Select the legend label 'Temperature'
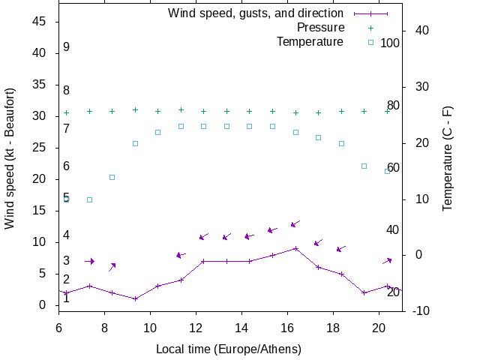[310, 41]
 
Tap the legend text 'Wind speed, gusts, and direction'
[256, 13]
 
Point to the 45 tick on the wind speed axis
[40, 22]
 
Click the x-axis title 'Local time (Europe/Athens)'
[229, 349]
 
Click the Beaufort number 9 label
[67, 47]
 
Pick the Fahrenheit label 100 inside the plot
[390, 43]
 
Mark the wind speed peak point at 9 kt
[295, 248]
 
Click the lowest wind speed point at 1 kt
[135, 298]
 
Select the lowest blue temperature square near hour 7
[89, 199]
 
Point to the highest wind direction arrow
[295, 223]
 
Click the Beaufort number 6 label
[67, 166]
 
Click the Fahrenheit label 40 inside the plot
[392, 229]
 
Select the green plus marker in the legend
[370, 27]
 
